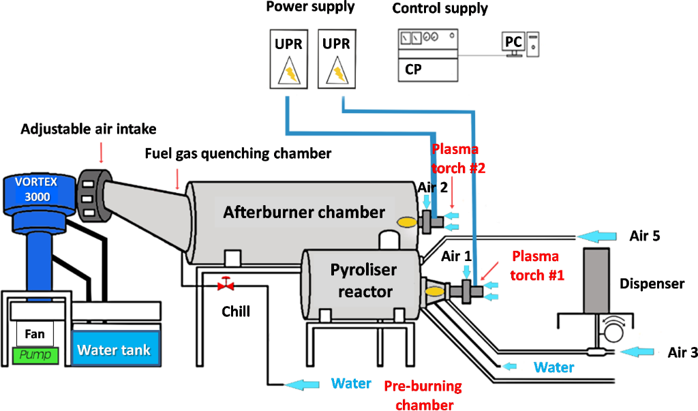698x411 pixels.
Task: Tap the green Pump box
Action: click(35, 355)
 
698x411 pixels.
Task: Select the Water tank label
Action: click(113, 350)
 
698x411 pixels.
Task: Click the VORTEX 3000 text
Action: click(34, 189)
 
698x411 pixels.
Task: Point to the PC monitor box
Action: click(513, 43)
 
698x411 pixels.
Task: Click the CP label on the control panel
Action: click(413, 69)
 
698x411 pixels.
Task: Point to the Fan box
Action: click(35, 334)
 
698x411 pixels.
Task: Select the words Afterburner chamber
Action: click(304, 212)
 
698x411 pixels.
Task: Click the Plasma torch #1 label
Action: click(535, 265)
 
